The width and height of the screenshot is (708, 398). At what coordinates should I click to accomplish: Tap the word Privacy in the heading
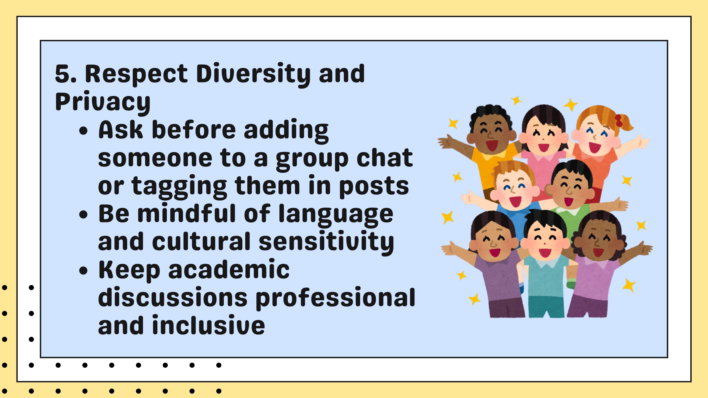click(x=103, y=102)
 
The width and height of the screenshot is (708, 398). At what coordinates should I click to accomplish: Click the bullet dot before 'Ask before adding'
click(x=83, y=131)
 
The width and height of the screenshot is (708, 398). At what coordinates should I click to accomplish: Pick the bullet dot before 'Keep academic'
click(x=83, y=270)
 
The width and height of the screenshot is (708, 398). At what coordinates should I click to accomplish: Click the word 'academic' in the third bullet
click(x=229, y=269)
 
